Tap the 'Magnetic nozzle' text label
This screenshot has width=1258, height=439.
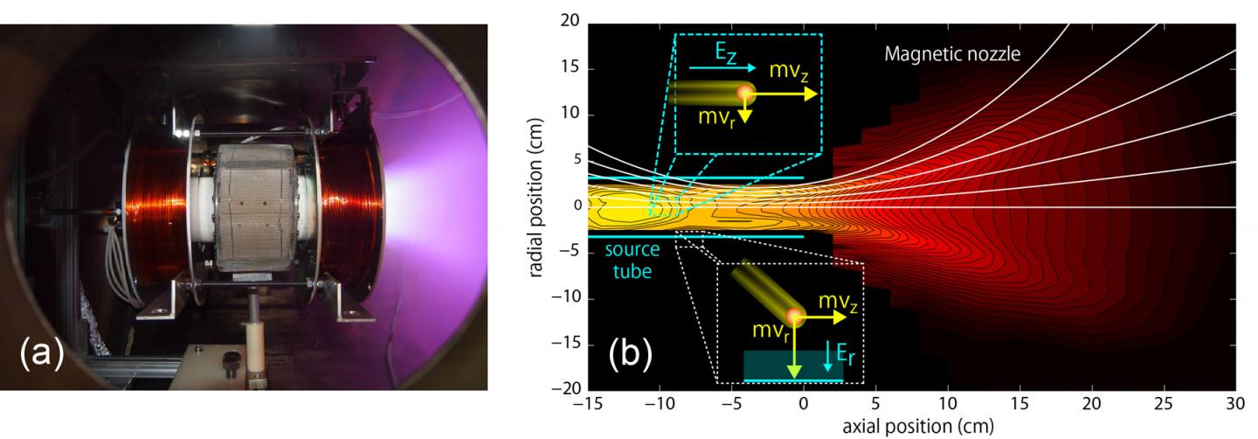pos(952,54)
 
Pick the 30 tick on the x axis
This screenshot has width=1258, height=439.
pos(1234,406)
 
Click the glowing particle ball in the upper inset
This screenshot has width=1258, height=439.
pos(745,94)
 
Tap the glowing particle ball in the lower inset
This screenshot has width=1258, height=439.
pos(794,315)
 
